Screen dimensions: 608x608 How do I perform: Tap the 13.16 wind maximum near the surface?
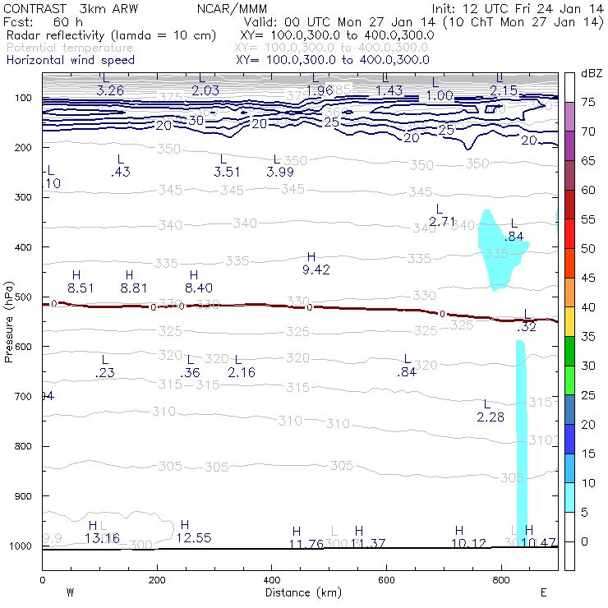(x=102, y=538)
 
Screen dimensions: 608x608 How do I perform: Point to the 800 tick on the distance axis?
(x=503, y=580)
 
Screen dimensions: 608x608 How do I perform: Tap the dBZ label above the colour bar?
(x=592, y=73)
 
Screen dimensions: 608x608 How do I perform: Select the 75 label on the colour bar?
(x=589, y=102)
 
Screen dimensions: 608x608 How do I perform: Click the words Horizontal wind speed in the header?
(x=70, y=60)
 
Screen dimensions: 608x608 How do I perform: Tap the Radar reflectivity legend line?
(x=111, y=35)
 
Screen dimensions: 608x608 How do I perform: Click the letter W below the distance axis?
(x=70, y=592)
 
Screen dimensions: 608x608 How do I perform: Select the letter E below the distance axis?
(x=543, y=592)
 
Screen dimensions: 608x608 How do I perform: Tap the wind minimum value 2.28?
(x=491, y=417)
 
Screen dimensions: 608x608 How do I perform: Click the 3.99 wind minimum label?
(x=280, y=172)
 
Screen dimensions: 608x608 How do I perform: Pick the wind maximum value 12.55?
(x=194, y=538)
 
